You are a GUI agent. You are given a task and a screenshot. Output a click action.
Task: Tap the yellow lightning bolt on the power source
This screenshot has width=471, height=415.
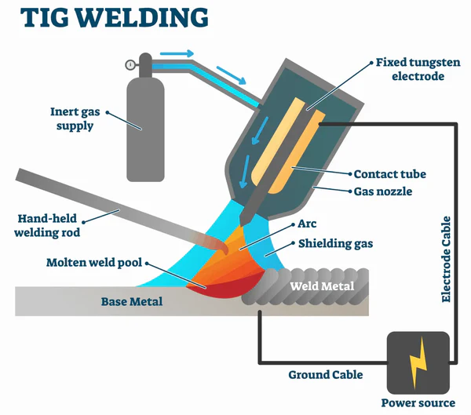[416, 359]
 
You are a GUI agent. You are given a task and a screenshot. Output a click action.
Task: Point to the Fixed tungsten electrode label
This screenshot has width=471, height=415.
[409, 69]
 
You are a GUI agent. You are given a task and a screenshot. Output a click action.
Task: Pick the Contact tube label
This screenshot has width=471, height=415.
[393, 174]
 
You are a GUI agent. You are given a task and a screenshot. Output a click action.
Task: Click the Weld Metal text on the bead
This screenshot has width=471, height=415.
[322, 285]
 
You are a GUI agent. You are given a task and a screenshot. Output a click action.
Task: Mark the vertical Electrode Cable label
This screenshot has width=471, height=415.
[447, 259]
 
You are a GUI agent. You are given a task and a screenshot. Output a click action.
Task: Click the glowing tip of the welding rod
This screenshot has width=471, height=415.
[223, 248]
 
